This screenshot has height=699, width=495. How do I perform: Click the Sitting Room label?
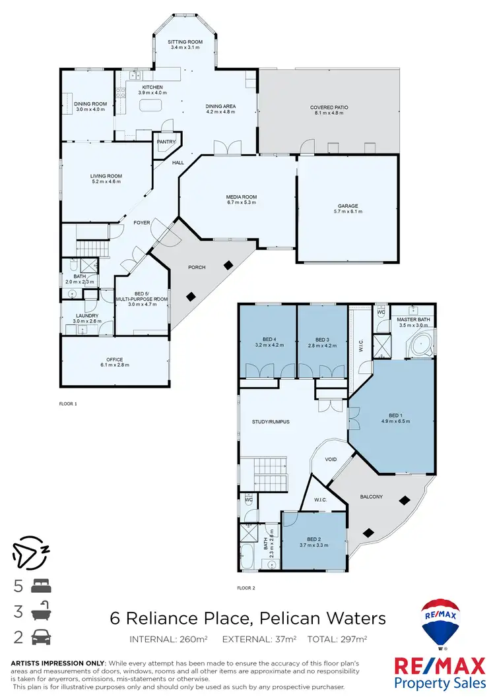click(185, 42)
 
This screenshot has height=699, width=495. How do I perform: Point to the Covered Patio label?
click(329, 107)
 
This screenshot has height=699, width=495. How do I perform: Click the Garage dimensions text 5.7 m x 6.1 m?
click(348, 212)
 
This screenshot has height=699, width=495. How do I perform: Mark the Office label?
click(115, 359)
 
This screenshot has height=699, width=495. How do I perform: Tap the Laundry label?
click(87, 316)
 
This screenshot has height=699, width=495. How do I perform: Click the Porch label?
click(197, 267)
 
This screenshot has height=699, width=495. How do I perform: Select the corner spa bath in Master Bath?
click(420, 345)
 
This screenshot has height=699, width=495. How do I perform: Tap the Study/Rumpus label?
click(271, 421)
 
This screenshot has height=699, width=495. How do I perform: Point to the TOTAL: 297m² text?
click(340, 639)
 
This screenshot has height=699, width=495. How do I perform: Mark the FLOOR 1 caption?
click(69, 403)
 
